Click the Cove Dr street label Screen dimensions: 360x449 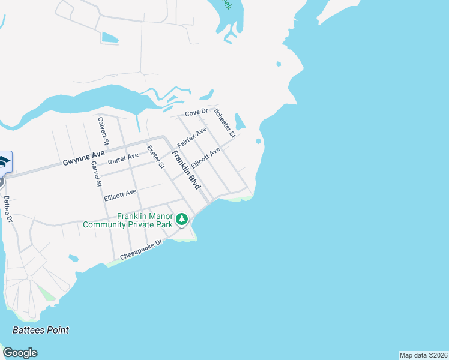[x=196, y=112]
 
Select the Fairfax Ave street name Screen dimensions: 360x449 [x=191, y=137]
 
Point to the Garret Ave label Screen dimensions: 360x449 [x=123, y=159]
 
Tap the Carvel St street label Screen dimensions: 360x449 [x=94, y=174]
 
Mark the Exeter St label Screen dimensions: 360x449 [x=155, y=157]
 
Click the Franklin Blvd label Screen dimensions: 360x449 [x=185, y=170]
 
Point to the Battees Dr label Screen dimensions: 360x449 [x=8, y=209]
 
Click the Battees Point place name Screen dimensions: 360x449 [x=41, y=330]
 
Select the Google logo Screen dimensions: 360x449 [x=20, y=353]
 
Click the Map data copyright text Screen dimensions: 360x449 [x=423, y=355]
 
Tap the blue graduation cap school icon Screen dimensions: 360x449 [x=4, y=162]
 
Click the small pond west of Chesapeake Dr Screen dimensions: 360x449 [x=74, y=259]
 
